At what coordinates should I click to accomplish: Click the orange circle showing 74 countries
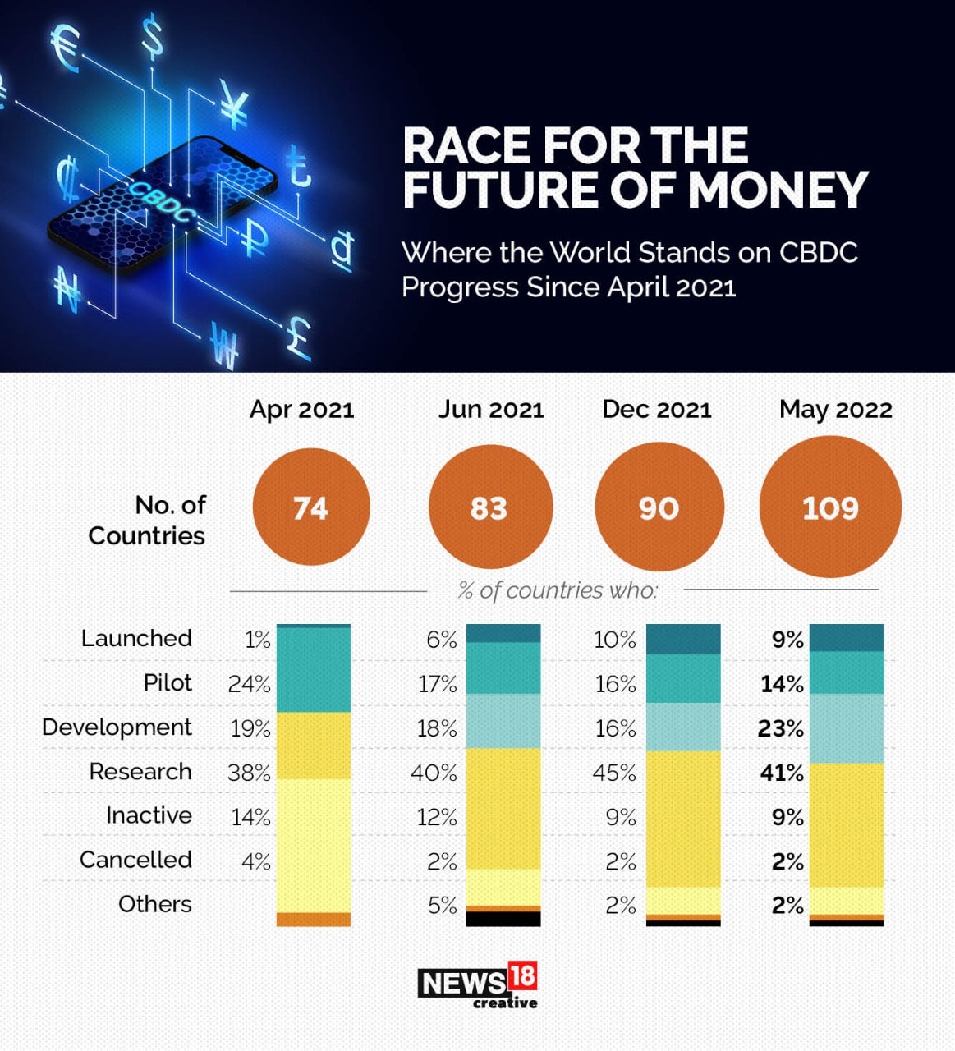point(310,507)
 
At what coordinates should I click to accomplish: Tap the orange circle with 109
point(830,507)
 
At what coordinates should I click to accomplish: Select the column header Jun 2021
point(490,409)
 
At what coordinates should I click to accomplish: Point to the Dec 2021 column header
point(656,409)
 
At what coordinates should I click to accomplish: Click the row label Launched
point(136,638)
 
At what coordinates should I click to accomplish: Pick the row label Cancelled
point(135,860)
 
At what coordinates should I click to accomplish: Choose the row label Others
point(154,904)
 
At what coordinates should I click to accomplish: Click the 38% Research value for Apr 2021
point(249,773)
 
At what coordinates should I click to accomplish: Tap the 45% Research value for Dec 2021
point(614,773)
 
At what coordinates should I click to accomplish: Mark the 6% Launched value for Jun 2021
point(441,640)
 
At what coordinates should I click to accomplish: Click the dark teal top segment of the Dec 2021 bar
point(683,639)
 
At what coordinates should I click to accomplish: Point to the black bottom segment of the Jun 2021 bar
point(503,919)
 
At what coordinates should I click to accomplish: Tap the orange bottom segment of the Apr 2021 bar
point(314,920)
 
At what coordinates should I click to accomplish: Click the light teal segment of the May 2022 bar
point(847,728)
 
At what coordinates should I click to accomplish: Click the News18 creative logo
point(478,984)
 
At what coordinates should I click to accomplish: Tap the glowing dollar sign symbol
point(152,37)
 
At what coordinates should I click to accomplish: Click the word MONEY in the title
point(778,190)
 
